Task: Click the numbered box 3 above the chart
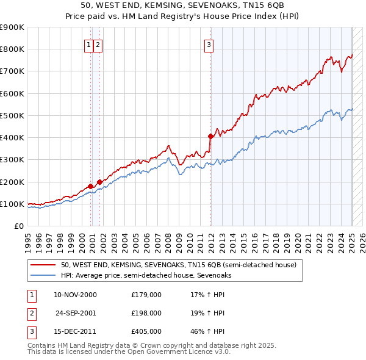coord(209,44)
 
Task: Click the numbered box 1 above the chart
coord(89,44)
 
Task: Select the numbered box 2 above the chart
coord(98,44)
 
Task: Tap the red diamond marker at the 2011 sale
coord(210,136)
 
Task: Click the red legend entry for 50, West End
coord(178,265)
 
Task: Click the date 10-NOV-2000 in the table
coord(75,295)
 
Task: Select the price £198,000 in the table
coord(146,313)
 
